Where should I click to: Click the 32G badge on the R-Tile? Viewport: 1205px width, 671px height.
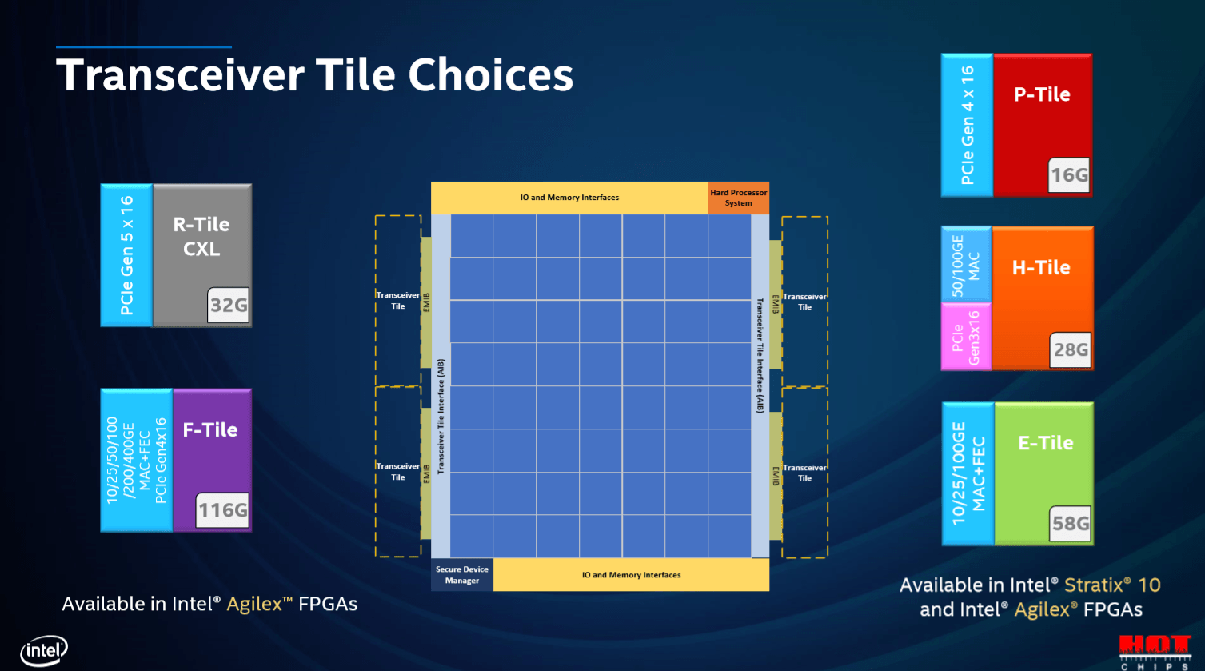[x=229, y=305]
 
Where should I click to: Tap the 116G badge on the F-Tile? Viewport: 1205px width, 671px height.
[x=222, y=509]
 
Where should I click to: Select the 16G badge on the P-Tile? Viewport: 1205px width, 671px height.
[x=1069, y=175]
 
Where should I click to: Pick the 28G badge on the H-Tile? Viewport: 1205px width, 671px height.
[x=1071, y=349]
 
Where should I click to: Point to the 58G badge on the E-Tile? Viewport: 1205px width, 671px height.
[x=1071, y=524]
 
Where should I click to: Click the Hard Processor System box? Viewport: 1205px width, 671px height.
[x=738, y=198]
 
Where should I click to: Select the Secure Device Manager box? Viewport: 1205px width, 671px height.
[x=462, y=575]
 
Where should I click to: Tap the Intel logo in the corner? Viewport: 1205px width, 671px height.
[x=44, y=650]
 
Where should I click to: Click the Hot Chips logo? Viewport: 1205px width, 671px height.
[x=1155, y=653]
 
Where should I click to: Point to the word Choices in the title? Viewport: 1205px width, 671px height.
[x=491, y=75]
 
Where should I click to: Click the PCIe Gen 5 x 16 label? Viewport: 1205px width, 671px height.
[x=126, y=255]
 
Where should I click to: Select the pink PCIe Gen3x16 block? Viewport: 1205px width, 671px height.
[x=966, y=337]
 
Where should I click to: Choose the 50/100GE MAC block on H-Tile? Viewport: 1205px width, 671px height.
[x=966, y=264]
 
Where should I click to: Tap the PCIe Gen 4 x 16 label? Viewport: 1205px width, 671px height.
[x=968, y=125]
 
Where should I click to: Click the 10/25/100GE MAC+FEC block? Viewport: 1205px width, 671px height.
[x=968, y=473]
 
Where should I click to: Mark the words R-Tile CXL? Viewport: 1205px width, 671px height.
[x=201, y=237]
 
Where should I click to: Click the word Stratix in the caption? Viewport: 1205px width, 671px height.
[x=1094, y=585]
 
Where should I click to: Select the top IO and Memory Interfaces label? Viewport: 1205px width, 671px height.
[x=569, y=198]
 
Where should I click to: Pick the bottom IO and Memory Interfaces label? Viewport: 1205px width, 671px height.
[x=631, y=575]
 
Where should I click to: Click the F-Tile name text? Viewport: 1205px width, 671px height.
[x=209, y=429]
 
